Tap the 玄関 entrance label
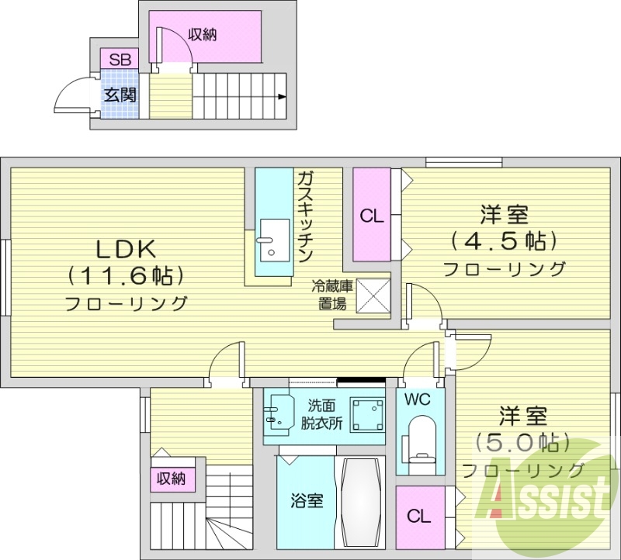120,95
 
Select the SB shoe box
120,59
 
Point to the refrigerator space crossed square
372,296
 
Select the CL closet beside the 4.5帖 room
372,216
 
